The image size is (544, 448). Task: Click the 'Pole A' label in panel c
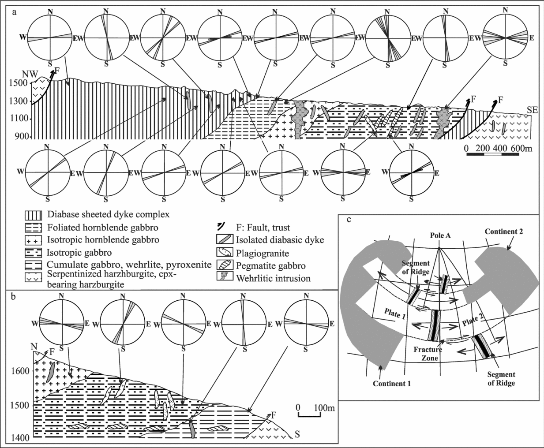(x=440, y=235)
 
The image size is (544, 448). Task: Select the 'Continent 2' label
(x=504, y=231)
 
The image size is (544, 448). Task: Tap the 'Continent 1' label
(x=392, y=383)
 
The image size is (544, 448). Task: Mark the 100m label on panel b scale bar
(x=324, y=407)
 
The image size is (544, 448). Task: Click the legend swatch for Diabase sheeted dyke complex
(x=33, y=215)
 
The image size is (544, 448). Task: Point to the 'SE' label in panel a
(x=532, y=109)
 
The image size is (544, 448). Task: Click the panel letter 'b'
(x=14, y=296)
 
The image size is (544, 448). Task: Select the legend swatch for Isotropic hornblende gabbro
(x=33, y=240)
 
